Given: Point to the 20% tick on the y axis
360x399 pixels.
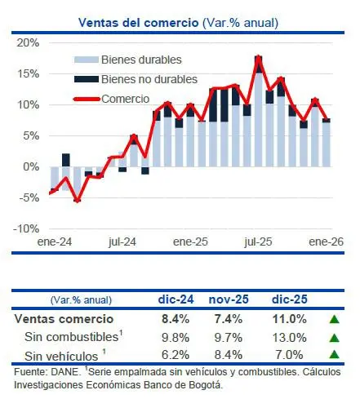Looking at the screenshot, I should point(29,43).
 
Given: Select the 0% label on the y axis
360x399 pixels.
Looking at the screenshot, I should point(31,166).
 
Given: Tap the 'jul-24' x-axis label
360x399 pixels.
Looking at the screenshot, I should point(121,242).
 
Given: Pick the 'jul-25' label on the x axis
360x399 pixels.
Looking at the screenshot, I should point(258,242).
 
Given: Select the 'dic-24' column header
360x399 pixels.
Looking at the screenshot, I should point(173,300).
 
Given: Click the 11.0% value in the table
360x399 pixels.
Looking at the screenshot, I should point(290,319).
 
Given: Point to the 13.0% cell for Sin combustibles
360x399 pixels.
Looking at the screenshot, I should point(290,337).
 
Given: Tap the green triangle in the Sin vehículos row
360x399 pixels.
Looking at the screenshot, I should point(333,355).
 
